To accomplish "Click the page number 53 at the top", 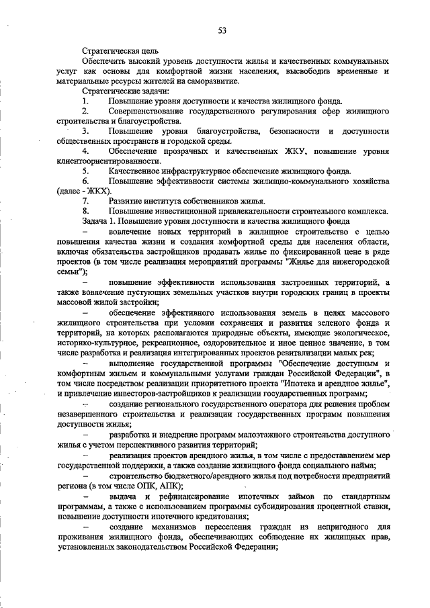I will pos(222,30).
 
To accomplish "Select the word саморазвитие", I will pos(211,81).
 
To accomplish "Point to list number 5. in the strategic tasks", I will pos(86,171).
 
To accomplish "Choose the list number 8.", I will pos(86,211).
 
